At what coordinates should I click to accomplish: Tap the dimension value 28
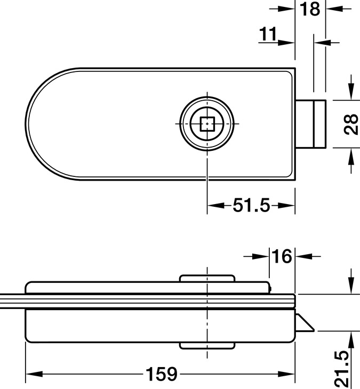(350, 125)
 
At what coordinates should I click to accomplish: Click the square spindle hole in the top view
(206, 125)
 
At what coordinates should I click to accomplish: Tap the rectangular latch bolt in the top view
(312, 125)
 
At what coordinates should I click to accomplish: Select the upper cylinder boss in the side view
(206, 280)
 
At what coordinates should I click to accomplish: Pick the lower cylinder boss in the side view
(206, 346)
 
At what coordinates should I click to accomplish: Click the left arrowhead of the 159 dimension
(31, 374)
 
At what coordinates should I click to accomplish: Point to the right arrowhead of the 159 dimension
(290, 374)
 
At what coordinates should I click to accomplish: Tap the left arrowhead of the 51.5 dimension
(212, 205)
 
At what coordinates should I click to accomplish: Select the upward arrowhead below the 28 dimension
(350, 155)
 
